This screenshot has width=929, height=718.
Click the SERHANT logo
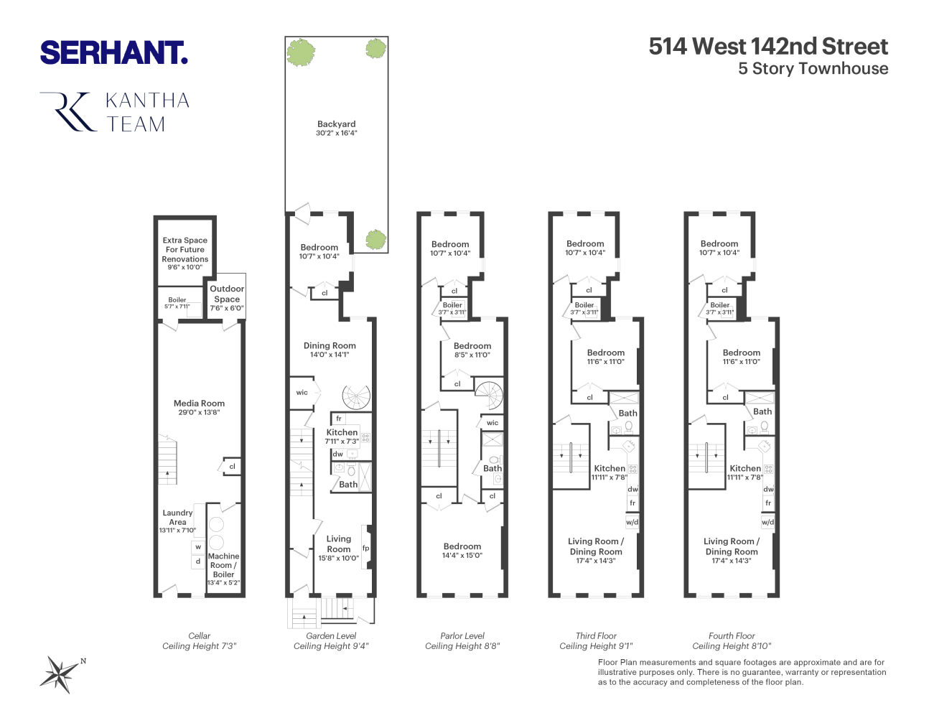[113, 53]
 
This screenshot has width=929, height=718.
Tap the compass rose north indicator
[60, 673]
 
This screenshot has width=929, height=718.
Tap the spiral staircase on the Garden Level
[357, 396]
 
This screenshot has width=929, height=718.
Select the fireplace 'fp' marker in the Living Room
[365, 548]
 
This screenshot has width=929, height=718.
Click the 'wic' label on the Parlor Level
[492, 423]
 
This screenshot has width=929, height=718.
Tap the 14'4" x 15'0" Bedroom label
[462, 550]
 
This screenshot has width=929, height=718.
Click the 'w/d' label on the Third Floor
[632, 522]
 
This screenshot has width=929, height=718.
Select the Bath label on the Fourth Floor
[762, 411]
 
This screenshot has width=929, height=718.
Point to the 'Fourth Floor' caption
[732, 635]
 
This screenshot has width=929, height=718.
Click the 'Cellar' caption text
[199, 635]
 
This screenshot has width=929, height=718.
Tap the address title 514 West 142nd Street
[768, 47]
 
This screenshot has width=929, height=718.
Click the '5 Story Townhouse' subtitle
[813, 69]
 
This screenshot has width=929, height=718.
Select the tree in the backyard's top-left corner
[301, 52]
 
